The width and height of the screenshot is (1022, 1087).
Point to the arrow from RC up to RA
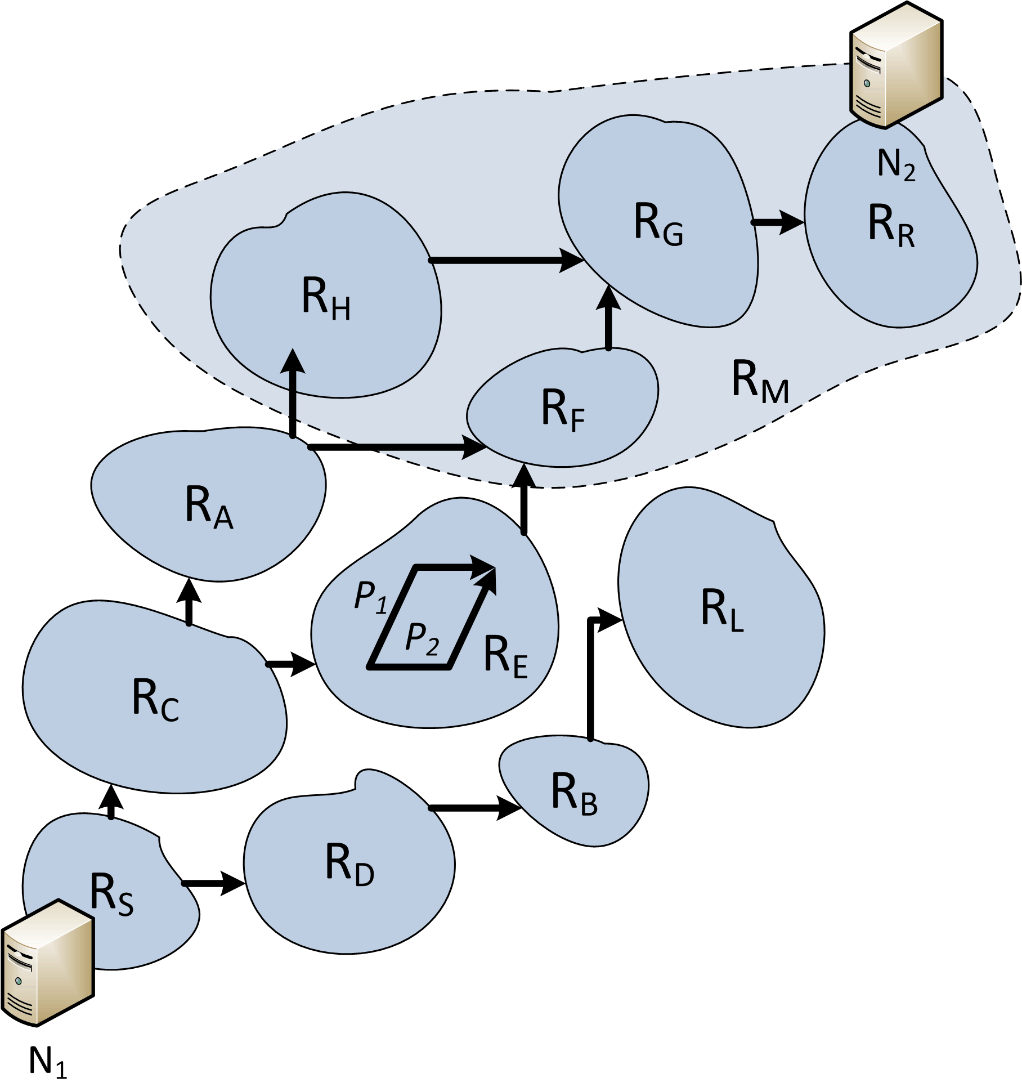(x=189, y=602)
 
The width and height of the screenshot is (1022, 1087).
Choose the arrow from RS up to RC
(x=111, y=802)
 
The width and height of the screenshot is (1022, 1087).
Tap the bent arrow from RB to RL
(x=591, y=676)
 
